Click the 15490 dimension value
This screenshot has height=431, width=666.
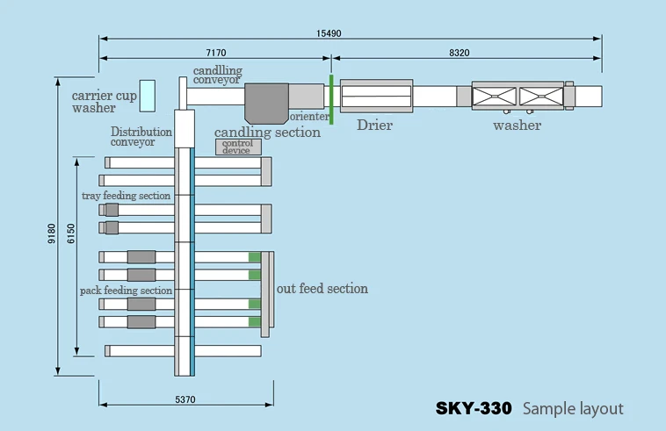click(x=329, y=33)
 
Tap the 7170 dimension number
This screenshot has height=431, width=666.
click(x=216, y=53)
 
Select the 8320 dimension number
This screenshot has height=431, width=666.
click(x=460, y=53)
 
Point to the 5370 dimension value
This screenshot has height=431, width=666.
click(x=185, y=399)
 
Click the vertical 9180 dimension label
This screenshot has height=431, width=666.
click(x=51, y=233)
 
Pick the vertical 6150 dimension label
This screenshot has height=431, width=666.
click(x=71, y=233)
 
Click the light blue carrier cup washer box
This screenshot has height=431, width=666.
click(x=148, y=96)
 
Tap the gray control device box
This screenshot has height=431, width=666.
click(x=238, y=147)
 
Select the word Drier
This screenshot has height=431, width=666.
click(x=374, y=126)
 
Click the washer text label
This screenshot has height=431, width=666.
click(x=517, y=126)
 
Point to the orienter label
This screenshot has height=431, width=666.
click(x=309, y=116)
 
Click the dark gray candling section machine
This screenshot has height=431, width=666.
click(x=266, y=103)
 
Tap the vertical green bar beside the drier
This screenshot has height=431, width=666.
click(x=331, y=100)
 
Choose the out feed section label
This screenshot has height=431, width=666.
click(x=322, y=289)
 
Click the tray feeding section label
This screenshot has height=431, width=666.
click(x=126, y=196)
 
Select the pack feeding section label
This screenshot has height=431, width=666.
click(x=126, y=291)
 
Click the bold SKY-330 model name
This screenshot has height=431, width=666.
click(x=474, y=408)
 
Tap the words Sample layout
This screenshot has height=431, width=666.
click(x=573, y=409)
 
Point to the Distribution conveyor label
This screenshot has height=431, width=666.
click(x=141, y=137)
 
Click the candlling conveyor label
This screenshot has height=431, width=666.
click(x=218, y=75)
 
